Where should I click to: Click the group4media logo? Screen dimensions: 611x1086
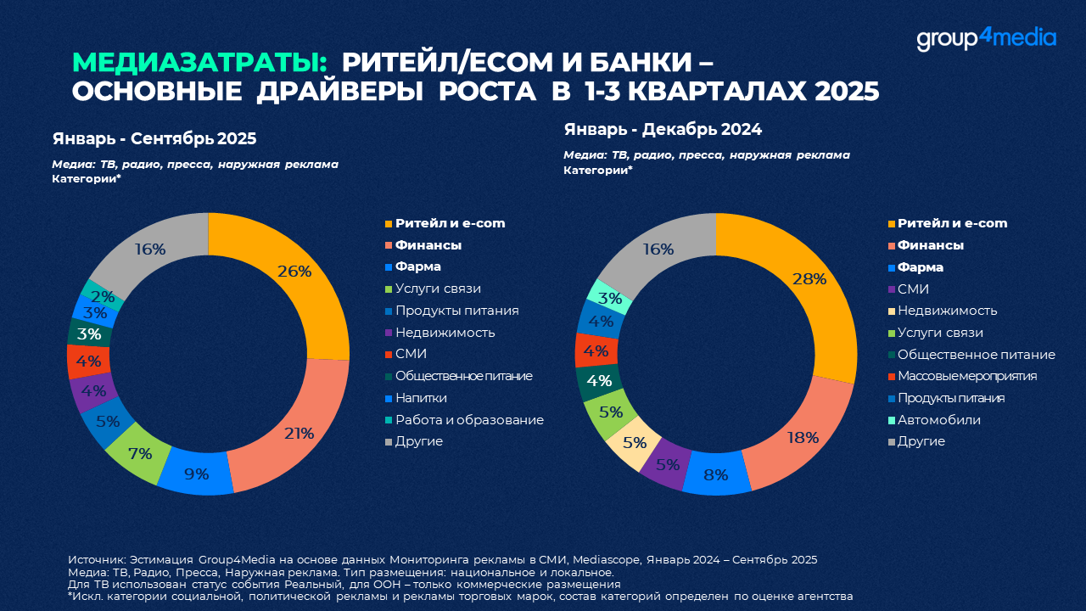coord(986,39)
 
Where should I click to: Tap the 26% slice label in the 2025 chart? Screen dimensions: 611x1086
coord(294,272)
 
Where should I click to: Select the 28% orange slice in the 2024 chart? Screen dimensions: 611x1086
coord(809,279)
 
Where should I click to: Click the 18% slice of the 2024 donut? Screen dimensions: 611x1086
coord(802,438)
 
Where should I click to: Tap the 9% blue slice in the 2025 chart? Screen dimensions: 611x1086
coord(197,474)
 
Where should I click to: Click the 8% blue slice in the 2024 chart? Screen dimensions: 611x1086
coord(715,474)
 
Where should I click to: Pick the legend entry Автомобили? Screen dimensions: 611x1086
coord(939,420)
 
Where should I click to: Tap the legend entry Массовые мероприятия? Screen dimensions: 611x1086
coord(966,376)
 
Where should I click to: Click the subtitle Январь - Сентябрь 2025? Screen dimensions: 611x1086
coord(154,138)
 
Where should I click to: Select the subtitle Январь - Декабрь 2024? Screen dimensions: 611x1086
coord(663,130)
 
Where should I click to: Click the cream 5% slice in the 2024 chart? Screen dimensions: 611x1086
coord(635,442)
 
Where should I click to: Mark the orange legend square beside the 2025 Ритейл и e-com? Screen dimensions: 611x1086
coord(389,224)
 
